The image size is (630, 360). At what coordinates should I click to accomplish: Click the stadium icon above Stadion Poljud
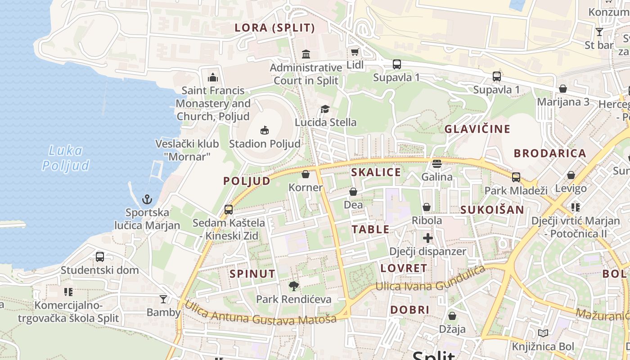[265, 130]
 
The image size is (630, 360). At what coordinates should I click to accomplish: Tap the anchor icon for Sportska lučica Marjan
[147, 199]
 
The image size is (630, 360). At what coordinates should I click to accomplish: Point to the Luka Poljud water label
[66, 158]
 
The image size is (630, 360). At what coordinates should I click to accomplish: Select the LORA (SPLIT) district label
[274, 28]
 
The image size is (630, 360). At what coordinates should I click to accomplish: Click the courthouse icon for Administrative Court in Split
[306, 54]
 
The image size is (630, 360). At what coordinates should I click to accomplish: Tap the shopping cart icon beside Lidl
[355, 52]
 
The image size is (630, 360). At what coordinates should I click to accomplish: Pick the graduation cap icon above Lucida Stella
[325, 109]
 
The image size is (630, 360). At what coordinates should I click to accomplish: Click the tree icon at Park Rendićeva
[293, 286]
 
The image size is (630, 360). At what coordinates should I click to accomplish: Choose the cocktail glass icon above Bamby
[163, 299]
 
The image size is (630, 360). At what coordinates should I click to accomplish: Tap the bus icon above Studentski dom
[100, 257]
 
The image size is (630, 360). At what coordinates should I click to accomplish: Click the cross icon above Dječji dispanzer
[427, 238]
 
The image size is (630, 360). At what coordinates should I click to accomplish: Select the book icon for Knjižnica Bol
[543, 333]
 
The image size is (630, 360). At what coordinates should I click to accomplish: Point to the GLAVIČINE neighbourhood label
[477, 129]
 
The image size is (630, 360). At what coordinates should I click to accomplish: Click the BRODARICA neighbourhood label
[550, 153]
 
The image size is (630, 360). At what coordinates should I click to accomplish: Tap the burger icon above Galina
[437, 163]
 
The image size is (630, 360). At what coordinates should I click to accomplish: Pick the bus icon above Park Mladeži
[516, 177]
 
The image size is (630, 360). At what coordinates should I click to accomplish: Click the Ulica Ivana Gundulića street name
[430, 280]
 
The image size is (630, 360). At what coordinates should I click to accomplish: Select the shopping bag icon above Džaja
[452, 316]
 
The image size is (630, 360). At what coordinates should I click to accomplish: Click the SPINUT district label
[252, 274]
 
